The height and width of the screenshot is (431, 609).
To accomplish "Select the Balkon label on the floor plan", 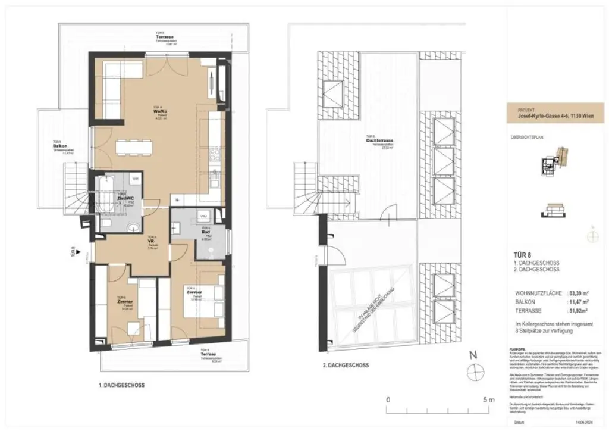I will pyautogui.click(x=59, y=145).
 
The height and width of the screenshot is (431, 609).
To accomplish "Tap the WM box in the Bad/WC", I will pyautogui.click(x=136, y=178).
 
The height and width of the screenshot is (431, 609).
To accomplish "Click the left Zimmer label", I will pyautogui.click(x=125, y=302).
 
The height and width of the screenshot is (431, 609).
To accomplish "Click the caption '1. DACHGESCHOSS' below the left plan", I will pyautogui.click(x=121, y=385).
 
